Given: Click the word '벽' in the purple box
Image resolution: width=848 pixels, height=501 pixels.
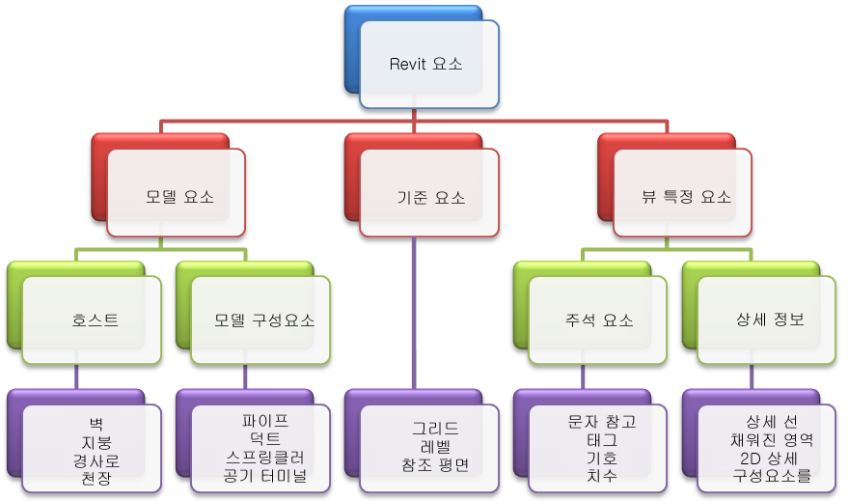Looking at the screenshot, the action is [96, 424].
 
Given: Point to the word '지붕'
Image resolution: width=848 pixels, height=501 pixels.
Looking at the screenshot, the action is [96, 442].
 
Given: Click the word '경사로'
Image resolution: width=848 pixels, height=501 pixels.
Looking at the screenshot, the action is [96, 461].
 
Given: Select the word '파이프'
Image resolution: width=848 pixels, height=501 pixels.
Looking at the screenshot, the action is [265, 421].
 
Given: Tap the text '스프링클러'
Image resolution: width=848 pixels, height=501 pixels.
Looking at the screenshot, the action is [265, 458].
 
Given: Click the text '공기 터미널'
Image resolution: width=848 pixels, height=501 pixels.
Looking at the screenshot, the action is [265, 476].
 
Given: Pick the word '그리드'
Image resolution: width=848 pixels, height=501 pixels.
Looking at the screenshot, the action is [435, 429].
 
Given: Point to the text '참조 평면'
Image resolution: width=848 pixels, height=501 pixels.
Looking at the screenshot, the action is [435, 465].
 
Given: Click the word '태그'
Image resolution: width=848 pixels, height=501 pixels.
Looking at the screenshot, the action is [602, 440].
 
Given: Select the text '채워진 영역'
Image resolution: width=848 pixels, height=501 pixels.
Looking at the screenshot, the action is [772, 440].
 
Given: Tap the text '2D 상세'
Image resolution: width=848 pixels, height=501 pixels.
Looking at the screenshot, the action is [769, 459].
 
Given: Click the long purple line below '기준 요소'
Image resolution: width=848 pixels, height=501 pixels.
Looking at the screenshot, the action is [414, 313].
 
